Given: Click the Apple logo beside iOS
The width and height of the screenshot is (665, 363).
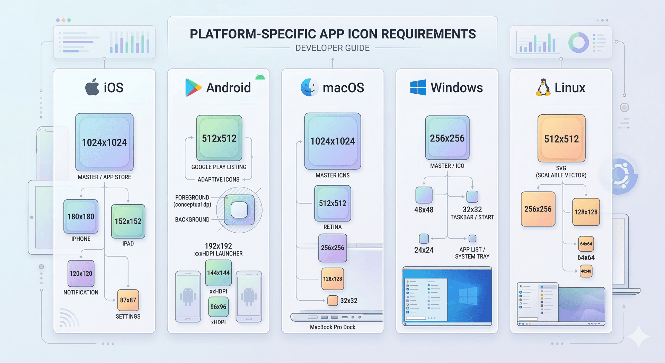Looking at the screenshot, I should point(92,87).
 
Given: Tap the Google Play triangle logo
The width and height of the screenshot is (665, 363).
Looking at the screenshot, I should point(193,87).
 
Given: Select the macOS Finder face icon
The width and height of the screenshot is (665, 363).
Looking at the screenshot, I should point(309,87).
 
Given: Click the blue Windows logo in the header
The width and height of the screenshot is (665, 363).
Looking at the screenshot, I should point(418,87).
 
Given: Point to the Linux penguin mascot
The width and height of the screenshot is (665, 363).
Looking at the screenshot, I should point(543,88).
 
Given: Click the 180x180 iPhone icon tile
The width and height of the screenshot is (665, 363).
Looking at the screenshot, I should point(81,217).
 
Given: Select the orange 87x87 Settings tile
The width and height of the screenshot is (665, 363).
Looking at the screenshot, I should point(128,300).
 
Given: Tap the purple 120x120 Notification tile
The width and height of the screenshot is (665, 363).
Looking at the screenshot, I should point(81,274).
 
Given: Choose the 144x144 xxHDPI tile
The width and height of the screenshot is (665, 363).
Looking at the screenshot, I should point(218,273).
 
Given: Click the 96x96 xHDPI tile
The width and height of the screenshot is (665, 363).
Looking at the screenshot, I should point(218,307).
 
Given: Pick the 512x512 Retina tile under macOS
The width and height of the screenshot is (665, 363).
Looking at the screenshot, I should point(332,204).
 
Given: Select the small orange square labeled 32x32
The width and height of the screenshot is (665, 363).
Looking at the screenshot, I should point(332,301).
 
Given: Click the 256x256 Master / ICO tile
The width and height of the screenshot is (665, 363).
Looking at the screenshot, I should point(447,138).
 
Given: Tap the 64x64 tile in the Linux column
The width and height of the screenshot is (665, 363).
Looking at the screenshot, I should point(586,244).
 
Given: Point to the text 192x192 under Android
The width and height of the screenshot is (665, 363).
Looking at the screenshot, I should point(218,246).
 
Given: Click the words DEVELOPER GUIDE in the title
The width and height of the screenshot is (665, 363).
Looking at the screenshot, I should point(332,48).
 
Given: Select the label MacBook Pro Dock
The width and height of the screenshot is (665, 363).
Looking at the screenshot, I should point(332,327).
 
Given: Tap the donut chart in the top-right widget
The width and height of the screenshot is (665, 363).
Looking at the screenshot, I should point(578,43).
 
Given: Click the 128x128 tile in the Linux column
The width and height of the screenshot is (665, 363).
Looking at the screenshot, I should point(586,212).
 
